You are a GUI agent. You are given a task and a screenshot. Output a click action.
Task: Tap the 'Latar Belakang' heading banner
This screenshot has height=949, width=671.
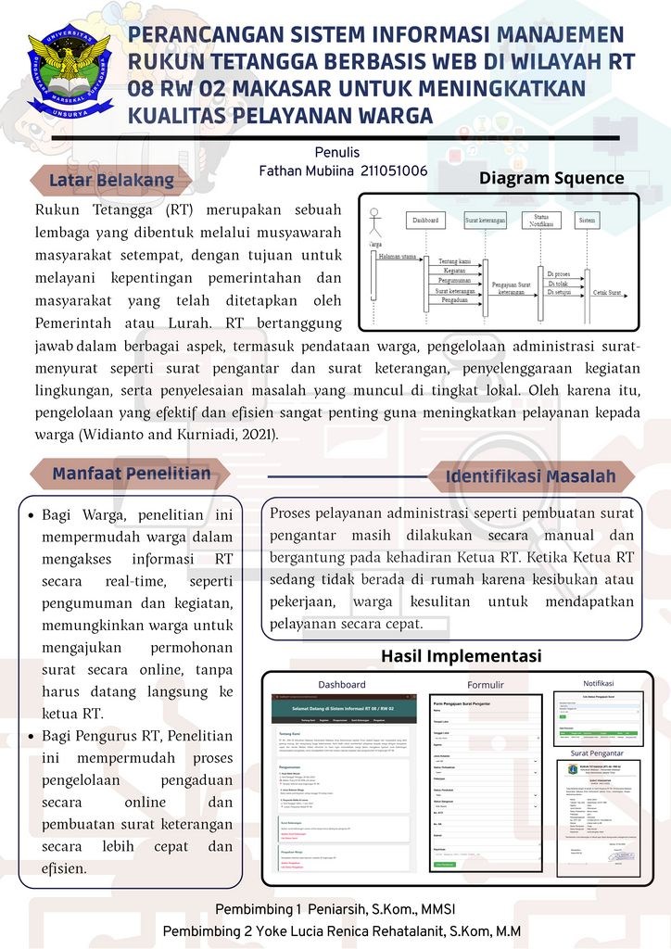(111, 180)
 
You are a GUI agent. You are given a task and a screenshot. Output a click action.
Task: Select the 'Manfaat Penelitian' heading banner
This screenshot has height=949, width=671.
(131, 474)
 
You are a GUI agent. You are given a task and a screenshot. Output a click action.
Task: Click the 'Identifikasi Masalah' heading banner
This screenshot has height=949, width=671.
(530, 477)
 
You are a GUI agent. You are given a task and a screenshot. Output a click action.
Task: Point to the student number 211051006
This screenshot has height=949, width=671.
(393, 171)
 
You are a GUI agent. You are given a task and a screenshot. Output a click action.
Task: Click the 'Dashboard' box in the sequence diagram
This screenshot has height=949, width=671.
(425, 221)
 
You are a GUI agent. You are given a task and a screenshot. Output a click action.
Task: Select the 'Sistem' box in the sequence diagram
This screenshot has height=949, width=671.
(586, 221)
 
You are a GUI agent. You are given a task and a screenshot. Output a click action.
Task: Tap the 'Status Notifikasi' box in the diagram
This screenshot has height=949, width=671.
(536, 221)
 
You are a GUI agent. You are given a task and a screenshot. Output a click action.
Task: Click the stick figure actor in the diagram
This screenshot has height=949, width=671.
(374, 222)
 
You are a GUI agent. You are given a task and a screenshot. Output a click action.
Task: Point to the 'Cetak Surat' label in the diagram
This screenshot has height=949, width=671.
(607, 293)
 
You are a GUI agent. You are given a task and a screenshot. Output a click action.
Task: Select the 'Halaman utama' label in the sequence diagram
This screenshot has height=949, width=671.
(397, 255)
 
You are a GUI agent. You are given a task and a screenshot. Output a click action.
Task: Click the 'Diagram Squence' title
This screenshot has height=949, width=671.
(551, 179)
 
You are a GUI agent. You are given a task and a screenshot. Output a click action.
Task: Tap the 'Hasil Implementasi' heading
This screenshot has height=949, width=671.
(461, 656)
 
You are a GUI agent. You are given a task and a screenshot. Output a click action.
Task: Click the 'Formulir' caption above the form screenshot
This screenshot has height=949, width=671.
(486, 686)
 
